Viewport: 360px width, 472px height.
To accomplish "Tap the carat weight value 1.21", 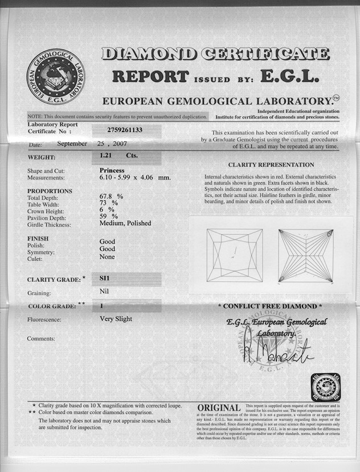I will click(107, 155).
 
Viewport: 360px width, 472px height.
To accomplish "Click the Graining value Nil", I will click(104, 292).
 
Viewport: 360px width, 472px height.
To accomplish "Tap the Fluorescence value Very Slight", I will click(116, 319).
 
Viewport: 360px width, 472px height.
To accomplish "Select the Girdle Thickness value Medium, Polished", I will click(125, 223).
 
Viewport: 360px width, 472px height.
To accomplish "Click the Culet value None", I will click(107, 257).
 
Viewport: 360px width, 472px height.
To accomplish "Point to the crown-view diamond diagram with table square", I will click(235, 255).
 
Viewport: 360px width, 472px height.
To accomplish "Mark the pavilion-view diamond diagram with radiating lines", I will click(305, 255).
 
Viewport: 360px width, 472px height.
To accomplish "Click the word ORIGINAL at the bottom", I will click(219, 408).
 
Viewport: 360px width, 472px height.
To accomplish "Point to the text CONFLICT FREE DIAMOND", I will click(270, 306).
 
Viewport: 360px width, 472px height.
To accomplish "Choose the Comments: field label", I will click(41, 339).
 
